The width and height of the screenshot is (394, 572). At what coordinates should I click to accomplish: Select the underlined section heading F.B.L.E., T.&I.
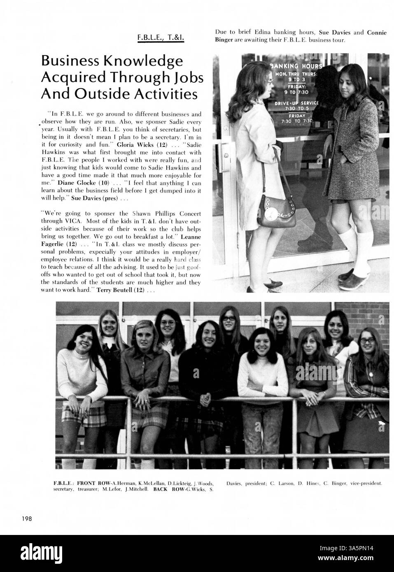(161, 39)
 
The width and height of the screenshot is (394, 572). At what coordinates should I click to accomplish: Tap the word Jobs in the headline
(181, 77)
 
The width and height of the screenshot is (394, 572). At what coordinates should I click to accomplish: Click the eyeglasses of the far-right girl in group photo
(368, 341)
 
